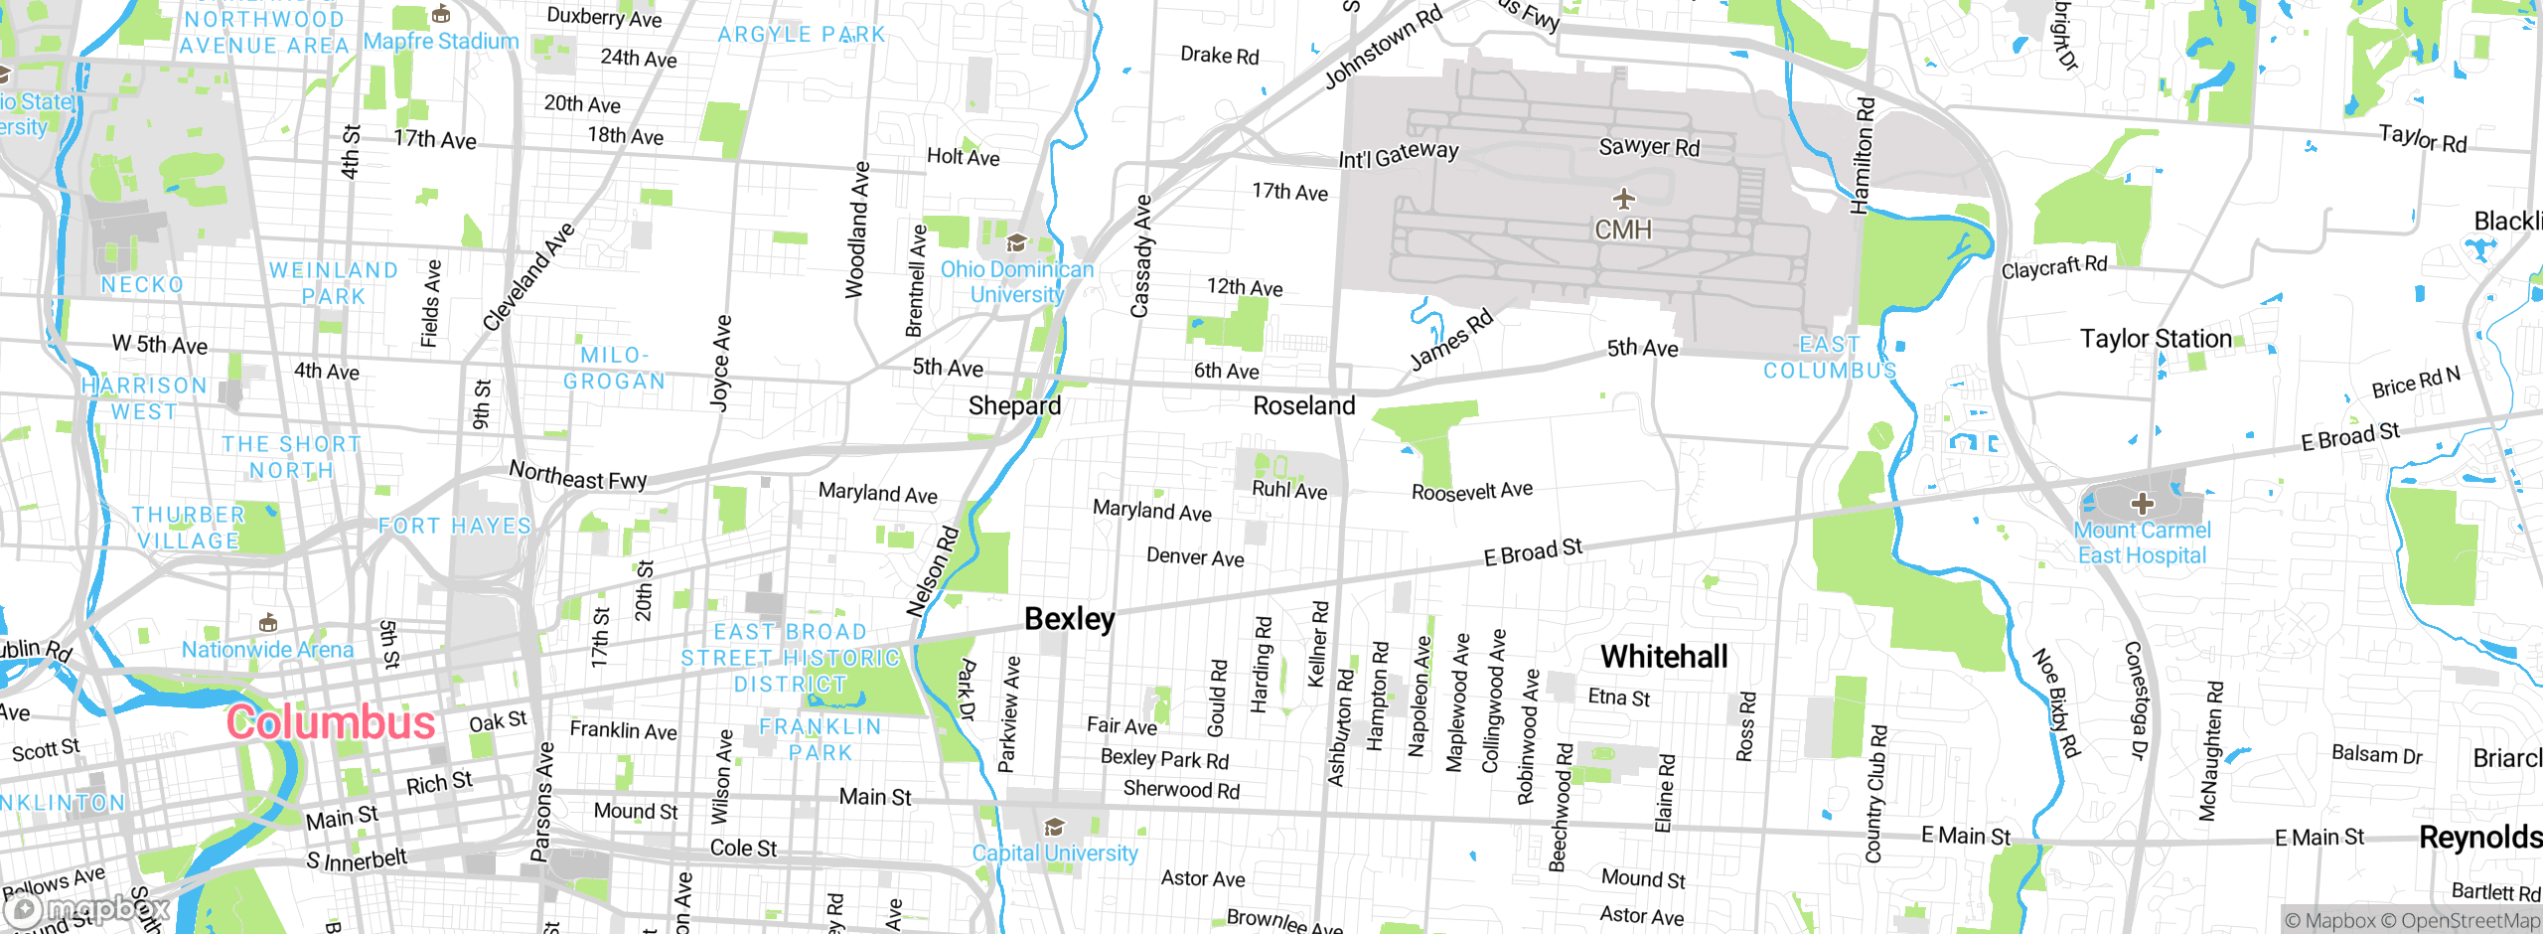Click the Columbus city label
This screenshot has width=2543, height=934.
[x=331, y=722]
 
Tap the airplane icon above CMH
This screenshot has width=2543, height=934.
[x=1623, y=199]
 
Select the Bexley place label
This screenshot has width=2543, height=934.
[x=1069, y=619]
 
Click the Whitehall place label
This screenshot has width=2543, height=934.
[x=1664, y=657]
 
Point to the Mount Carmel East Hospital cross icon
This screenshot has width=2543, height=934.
[x=2142, y=504]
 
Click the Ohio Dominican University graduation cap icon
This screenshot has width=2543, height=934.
[x=1016, y=243]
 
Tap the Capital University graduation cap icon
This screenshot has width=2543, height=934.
[x=1054, y=828]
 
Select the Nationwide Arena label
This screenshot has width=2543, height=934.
[x=267, y=650]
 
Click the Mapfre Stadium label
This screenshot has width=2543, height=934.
[x=441, y=41]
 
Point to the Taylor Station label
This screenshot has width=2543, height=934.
[x=2156, y=339]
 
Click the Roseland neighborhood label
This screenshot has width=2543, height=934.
[x=1303, y=405]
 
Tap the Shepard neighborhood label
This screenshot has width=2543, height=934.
[x=1014, y=405]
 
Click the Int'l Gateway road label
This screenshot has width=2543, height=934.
[x=1398, y=155]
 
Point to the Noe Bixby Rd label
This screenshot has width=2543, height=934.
[x=2055, y=702]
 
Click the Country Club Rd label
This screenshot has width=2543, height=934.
[x=1875, y=794]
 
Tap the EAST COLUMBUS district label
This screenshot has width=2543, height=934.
[x=1830, y=358]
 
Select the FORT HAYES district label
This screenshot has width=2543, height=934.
[x=455, y=526]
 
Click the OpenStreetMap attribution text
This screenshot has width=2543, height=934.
[x=2469, y=921]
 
